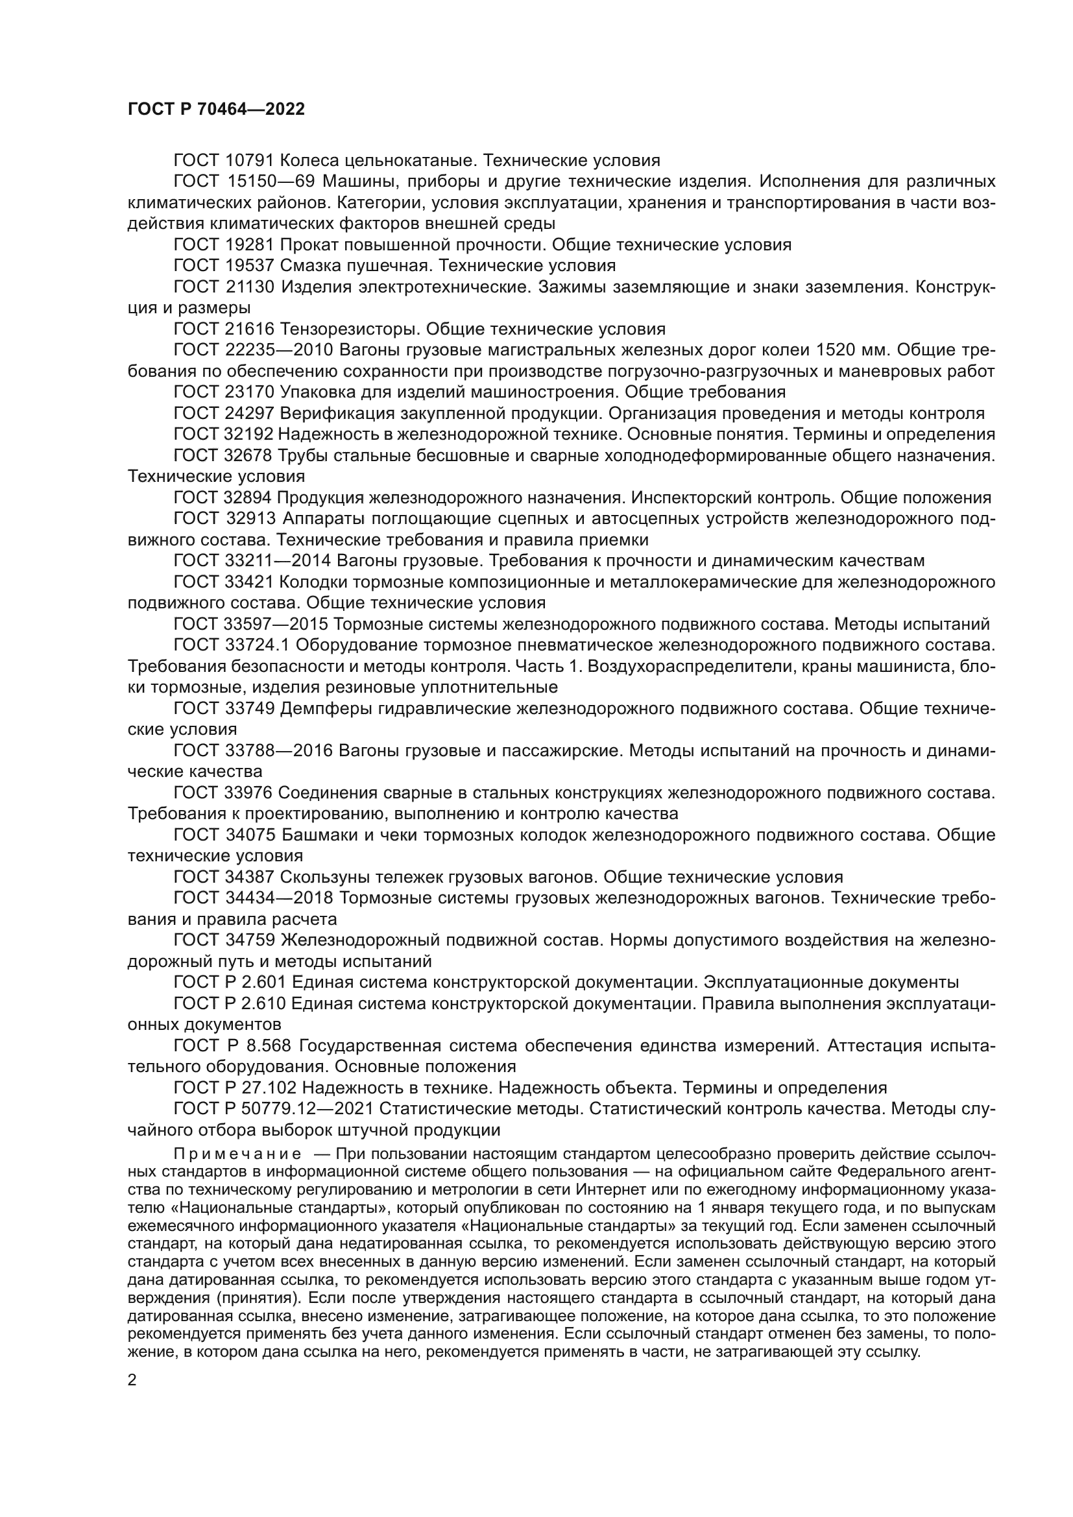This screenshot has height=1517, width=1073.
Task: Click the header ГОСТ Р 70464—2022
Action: (216, 110)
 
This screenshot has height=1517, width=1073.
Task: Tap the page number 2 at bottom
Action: (132, 1380)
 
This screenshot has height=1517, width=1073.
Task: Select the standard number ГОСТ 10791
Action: (224, 161)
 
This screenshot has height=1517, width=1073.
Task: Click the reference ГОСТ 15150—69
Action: (244, 182)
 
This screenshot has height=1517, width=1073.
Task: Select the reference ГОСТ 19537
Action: (224, 266)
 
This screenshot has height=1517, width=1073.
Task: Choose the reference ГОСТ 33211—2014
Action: (252, 561)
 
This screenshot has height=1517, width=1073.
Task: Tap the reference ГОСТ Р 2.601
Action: (230, 983)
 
